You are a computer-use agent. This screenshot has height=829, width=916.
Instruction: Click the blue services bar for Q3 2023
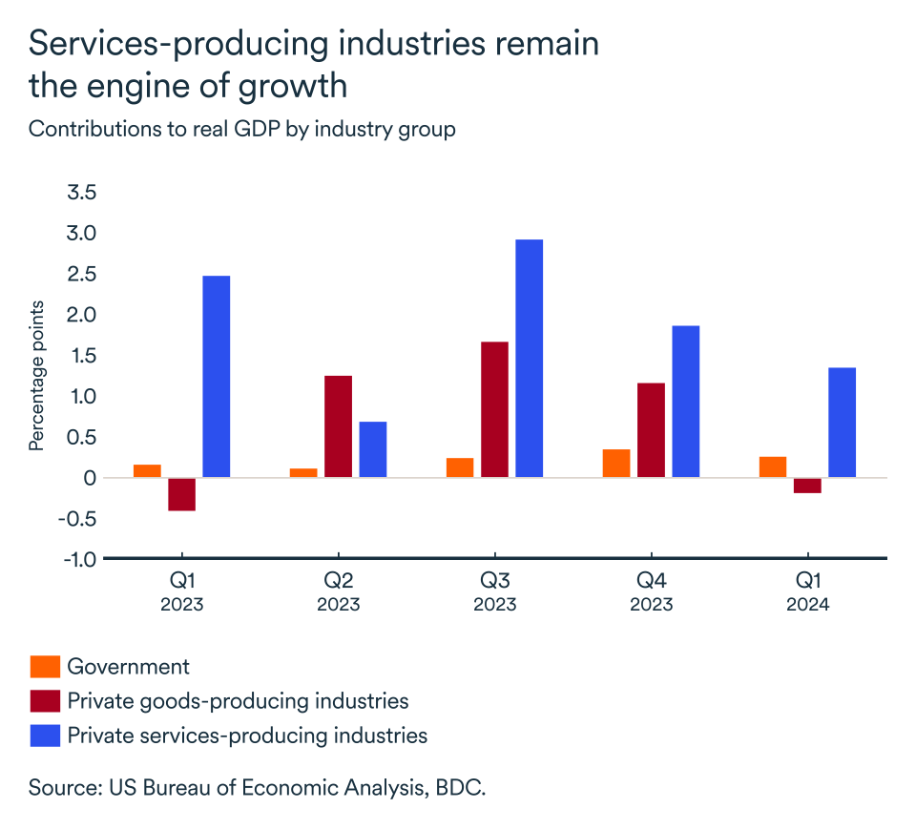coord(529,358)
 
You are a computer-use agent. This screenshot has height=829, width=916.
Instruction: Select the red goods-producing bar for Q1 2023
coord(181,494)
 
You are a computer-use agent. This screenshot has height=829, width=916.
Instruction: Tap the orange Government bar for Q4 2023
coord(616,464)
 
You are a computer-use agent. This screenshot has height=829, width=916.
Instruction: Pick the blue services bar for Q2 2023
coord(372,449)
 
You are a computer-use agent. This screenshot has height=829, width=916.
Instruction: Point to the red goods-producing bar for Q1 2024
coord(807,486)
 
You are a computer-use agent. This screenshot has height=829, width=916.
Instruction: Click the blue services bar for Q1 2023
coord(216,377)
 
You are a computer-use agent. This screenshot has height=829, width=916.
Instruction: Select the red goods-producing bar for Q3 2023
coord(494,409)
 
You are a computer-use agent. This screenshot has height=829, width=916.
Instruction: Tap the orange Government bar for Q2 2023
coord(303,473)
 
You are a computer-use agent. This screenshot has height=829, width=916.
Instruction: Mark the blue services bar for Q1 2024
coord(842,423)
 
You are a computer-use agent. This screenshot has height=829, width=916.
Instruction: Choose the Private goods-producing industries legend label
coord(238,701)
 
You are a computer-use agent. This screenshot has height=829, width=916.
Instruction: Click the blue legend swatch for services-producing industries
coord(45,736)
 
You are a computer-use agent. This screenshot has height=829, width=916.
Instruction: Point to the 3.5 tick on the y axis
coord(81,193)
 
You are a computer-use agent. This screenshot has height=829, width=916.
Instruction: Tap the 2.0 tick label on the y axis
coord(81,315)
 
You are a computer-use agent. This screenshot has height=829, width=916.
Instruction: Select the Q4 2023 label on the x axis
coord(651,592)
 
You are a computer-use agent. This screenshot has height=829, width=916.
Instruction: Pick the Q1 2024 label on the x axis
coord(807,592)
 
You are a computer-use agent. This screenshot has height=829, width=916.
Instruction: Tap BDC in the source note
coord(463,788)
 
